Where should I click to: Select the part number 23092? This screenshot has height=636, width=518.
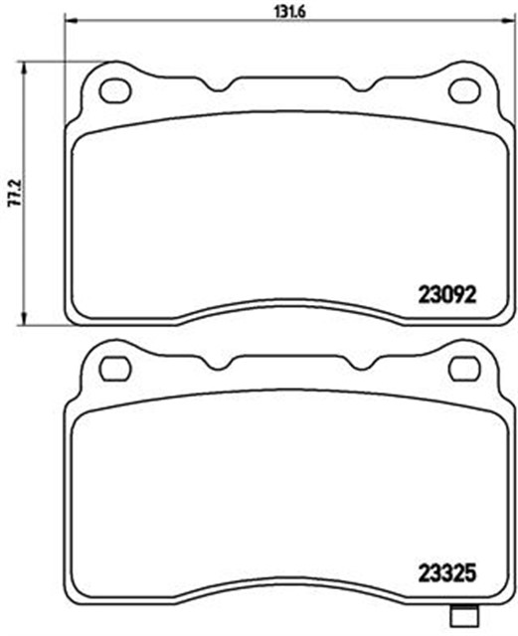tap(445, 294)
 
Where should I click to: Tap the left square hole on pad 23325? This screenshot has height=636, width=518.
tap(116, 368)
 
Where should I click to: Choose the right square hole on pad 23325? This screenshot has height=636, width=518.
tap(462, 368)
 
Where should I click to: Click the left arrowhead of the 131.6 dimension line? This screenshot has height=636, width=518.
tap(70, 18)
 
